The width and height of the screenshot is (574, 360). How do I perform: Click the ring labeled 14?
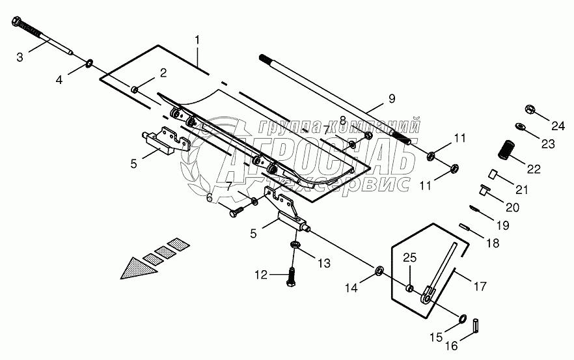[x=377, y=270]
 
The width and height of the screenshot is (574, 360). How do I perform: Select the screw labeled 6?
[x=238, y=210]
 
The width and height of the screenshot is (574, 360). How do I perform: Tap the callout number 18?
[x=492, y=243]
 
